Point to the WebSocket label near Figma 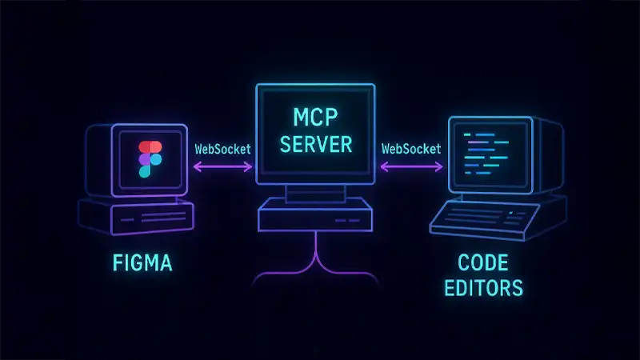pyautogui.click(x=222, y=148)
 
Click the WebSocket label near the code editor pyautogui.click(x=410, y=148)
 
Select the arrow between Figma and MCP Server pyautogui.click(x=222, y=167)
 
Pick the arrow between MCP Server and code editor pyautogui.click(x=410, y=167)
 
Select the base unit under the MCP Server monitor pyautogui.click(x=314, y=215)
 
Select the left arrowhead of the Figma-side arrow pyautogui.click(x=194, y=167)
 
